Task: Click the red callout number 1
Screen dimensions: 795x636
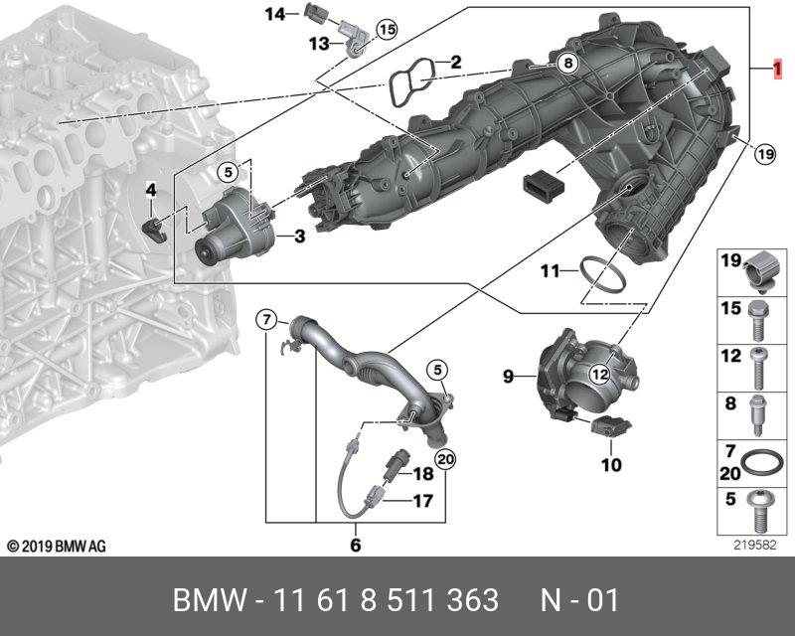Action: tap(780, 70)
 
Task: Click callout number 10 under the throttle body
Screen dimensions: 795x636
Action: tap(610, 463)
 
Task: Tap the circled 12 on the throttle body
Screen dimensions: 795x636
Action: tap(598, 374)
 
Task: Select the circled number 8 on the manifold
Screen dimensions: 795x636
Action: tap(566, 63)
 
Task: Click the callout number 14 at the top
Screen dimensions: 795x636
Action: tap(274, 14)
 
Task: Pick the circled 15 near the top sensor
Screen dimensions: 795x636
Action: tap(386, 29)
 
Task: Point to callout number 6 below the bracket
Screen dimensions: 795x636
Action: tap(356, 545)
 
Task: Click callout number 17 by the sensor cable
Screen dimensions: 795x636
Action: tap(422, 501)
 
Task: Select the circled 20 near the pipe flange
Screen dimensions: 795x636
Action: tap(444, 459)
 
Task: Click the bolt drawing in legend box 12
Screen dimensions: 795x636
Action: tap(758, 369)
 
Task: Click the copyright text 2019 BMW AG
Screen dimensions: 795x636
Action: tap(57, 547)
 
